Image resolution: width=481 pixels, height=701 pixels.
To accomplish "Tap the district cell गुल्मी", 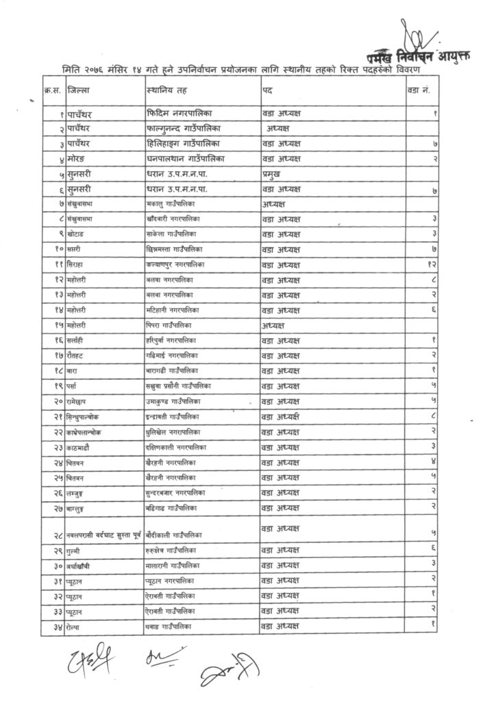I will pyautogui.click(x=75, y=550).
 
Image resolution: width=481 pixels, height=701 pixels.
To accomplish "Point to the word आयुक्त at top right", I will pyautogui.click(x=449, y=58).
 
